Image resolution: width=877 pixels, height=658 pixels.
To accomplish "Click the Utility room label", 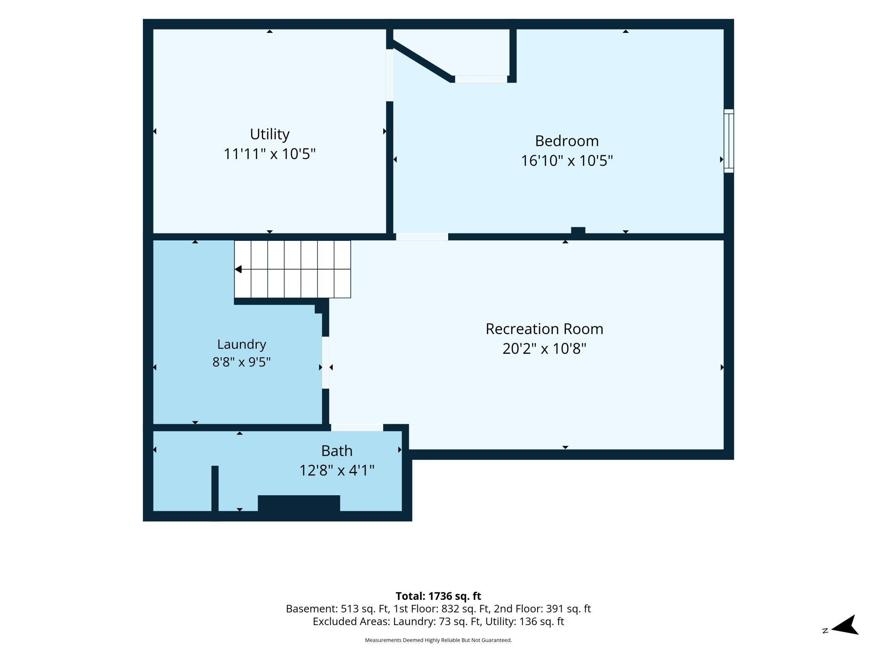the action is click(x=269, y=134).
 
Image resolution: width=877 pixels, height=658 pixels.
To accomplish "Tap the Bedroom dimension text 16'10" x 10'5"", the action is click(x=567, y=161).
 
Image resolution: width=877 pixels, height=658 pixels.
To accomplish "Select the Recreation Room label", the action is click(x=544, y=329).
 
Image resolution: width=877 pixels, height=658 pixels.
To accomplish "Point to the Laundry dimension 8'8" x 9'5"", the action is click(x=242, y=362).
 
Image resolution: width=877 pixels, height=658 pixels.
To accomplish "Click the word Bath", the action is click(x=337, y=451).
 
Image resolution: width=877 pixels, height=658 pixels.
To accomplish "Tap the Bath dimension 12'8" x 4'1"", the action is click(x=337, y=470).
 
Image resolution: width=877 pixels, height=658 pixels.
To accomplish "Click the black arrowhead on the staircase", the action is click(x=238, y=269).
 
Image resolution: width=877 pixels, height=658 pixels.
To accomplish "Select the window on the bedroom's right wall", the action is click(x=729, y=141).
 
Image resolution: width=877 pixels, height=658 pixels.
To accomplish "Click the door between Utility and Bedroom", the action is click(x=390, y=75).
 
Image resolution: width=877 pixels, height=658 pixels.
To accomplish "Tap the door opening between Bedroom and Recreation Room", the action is click(x=422, y=237).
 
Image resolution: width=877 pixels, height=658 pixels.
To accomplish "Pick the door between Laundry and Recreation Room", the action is click(x=326, y=362).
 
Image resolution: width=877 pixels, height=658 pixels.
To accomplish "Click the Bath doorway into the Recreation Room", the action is click(x=357, y=427).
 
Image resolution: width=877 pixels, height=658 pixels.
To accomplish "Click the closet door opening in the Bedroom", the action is click(x=481, y=79).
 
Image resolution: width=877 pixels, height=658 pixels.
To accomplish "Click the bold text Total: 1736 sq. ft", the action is click(x=438, y=596).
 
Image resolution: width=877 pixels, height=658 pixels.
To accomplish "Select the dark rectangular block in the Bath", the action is click(x=299, y=503).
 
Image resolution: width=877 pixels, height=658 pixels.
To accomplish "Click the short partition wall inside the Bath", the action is click(x=215, y=488).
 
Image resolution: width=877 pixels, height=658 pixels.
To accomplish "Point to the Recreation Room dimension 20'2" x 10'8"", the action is click(x=544, y=349).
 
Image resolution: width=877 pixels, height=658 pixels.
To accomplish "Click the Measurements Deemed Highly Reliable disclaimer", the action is click(x=438, y=640).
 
